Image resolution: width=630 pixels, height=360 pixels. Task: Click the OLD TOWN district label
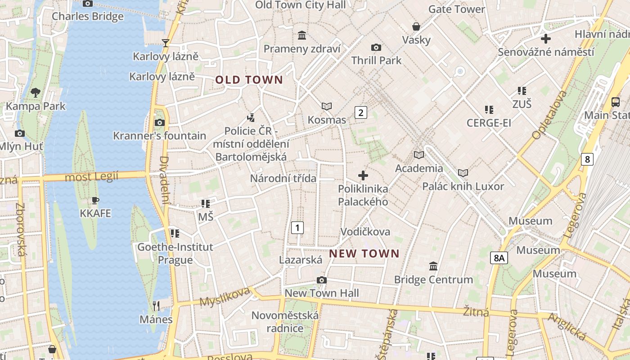tap(249, 80)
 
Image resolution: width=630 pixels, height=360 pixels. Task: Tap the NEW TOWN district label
tap(364, 253)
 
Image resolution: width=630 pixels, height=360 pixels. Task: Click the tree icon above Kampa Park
tap(35, 93)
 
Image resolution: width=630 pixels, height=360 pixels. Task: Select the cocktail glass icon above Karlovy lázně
tap(166, 43)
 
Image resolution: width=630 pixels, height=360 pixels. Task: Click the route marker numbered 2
tap(360, 112)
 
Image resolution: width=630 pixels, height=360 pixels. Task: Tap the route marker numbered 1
tap(297, 228)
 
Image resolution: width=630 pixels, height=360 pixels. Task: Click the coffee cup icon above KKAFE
tap(95, 200)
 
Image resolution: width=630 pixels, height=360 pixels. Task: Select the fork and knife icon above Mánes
tap(156, 306)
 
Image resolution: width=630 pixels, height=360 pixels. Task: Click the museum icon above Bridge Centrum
tap(433, 266)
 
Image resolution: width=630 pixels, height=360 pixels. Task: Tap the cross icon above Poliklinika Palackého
tap(363, 175)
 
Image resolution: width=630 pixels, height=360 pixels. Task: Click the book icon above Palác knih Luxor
tap(463, 173)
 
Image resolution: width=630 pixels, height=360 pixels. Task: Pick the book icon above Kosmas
tap(327, 106)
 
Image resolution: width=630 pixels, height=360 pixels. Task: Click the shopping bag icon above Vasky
tap(416, 27)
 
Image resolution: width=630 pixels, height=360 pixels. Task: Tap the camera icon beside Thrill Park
tap(376, 47)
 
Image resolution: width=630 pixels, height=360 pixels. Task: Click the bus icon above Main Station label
tap(615, 102)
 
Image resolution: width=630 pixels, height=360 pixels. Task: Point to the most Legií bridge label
tap(91, 177)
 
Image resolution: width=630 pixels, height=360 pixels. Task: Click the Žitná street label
tap(476, 311)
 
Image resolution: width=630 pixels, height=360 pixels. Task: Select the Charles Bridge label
tap(87, 17)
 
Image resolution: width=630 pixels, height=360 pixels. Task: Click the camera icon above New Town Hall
tap(321, 280)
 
